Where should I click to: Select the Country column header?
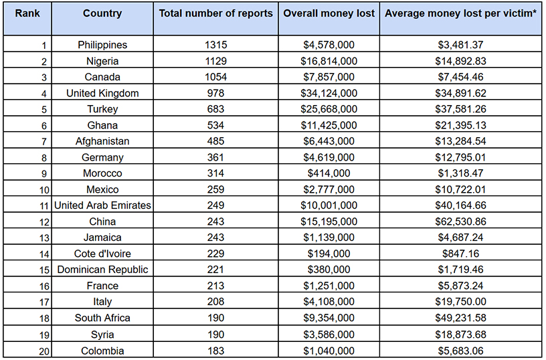(x=102, y=13)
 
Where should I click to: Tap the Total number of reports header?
(x=215, y=13)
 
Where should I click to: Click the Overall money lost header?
(x=329, y=13)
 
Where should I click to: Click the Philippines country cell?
(x=102, y=45)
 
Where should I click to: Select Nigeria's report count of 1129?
(x=215, y=61)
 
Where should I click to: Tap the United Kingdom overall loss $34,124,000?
(x=329, y=93)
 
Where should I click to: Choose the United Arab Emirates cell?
(x=102, y=205)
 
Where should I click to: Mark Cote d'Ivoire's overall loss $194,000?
(x=329, y=254)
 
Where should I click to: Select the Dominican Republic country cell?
(x=102, y=270)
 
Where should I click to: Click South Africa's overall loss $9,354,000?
(x=329, y=318)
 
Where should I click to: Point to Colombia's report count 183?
(x=215, y=350)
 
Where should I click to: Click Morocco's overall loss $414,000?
(x=329, y=173)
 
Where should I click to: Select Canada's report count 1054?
(x=215, y=77)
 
